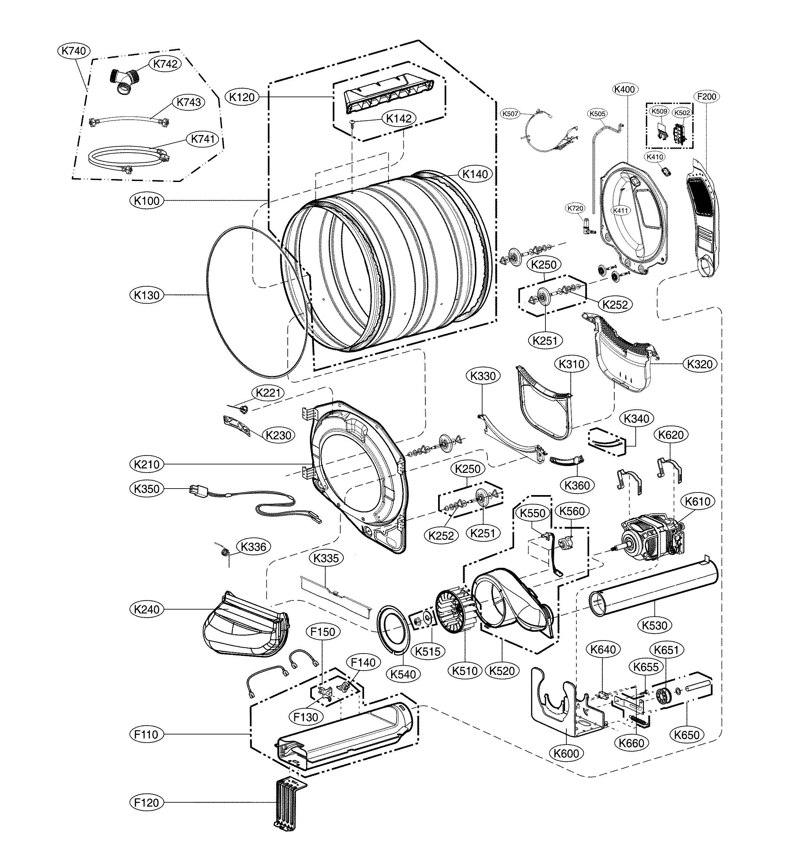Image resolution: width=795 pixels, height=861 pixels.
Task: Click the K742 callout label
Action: [165, 64]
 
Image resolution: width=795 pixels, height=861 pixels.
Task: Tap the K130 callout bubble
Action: [147, 295]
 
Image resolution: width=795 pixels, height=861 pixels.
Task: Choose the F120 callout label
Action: [147, 803]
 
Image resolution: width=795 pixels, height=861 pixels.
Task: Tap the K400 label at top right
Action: [624, 89]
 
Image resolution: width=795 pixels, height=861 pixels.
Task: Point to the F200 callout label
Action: [706, 97]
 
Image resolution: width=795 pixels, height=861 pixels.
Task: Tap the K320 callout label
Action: [700, 364]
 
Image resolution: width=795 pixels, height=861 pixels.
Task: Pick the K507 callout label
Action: [510, 113]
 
